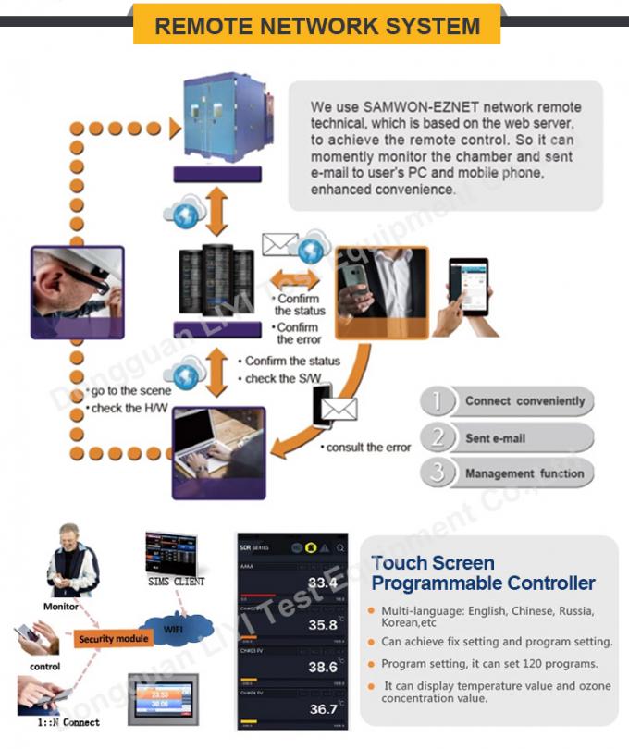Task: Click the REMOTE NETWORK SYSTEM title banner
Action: (x=317, y=25)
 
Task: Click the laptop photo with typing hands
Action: (x=219, y=452)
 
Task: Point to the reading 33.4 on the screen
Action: (x=323, y=583)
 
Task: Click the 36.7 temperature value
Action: (x=323, y=709)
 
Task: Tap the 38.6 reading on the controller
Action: (x=323, y=667)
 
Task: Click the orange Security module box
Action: (x=114, y=639)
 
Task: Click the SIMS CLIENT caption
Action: (x=177, y=582)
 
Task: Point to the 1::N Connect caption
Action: (x=69, y=722)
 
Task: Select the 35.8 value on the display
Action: (x=323, y=625)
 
